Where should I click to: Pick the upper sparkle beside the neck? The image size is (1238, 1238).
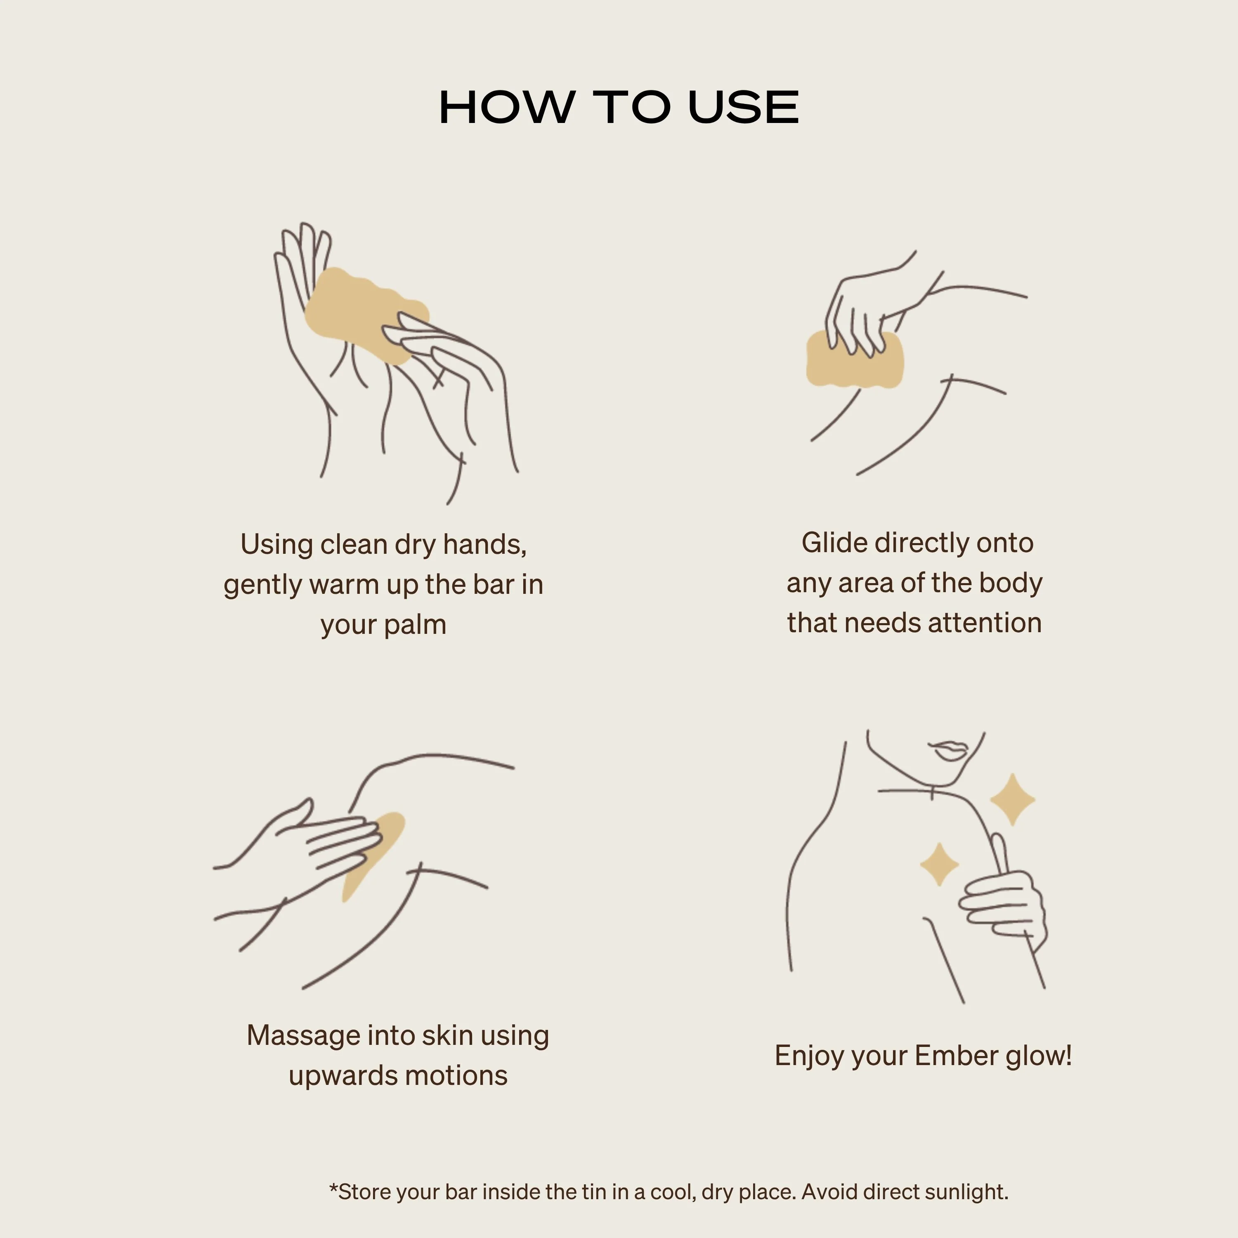[x=1012, y=799]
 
